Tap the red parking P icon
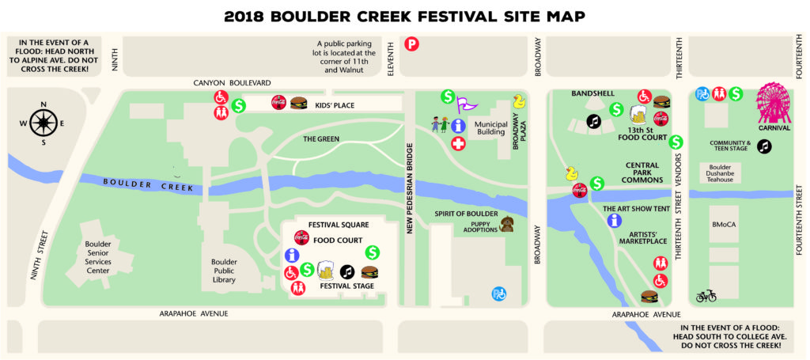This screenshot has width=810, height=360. coord(411,45)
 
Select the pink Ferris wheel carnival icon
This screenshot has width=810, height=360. coord(774,103)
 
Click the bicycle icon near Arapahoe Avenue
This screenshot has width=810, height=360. coord(706,296)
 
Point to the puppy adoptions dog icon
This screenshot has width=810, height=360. coord(505,225)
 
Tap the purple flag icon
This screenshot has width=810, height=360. coord(470,103)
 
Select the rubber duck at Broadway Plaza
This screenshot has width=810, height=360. coord(519,101)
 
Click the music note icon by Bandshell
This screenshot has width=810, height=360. coord(593,121)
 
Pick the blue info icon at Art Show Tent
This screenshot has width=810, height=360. coord(613,221)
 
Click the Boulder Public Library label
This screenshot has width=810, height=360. coord(229,267)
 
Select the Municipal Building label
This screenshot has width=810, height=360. coord(490,129)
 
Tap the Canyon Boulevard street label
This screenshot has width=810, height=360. coord(233,82)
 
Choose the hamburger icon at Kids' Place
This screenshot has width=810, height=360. coord(298,103)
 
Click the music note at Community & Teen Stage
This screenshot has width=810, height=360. coord(763,146)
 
